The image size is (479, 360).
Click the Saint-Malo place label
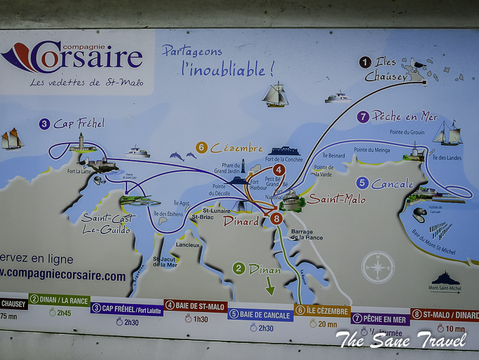click(x=335, y=199)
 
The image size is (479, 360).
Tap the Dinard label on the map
click(x=242, y=221)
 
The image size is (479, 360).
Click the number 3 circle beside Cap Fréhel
click(x=44, y=124)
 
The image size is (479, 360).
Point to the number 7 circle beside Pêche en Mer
click(x=363, y=117)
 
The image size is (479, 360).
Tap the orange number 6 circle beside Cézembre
click(x=201, y=147)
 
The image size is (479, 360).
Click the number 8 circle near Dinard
click(x=276, y=219)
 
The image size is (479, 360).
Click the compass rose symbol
click(x=378, y=267)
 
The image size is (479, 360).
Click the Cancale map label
click(x=393, y=184)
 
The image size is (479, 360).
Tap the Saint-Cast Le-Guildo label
click(x=108, y=224)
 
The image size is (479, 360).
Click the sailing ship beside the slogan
click(x=275, y=94)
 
